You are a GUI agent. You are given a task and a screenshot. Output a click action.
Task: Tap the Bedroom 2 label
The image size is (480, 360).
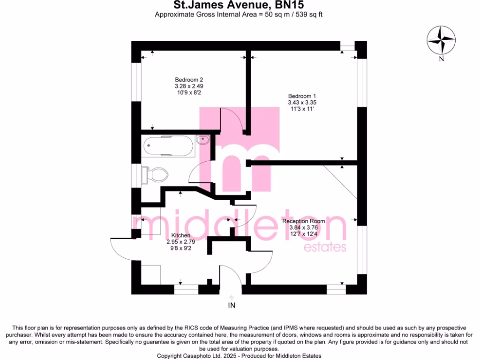coord(189,80)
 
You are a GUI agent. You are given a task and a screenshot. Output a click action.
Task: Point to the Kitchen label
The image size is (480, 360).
coord(180,235)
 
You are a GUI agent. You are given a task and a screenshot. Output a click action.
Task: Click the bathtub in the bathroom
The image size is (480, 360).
coord(168,146)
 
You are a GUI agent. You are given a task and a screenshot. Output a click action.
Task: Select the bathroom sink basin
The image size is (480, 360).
coord(203,139)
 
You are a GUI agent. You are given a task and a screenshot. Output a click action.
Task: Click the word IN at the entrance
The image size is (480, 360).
coord(232,306)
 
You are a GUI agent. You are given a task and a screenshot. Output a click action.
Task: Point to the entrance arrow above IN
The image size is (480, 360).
coord(232,297)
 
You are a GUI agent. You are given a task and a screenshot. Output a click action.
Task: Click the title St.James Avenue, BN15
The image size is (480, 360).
coord(239,6)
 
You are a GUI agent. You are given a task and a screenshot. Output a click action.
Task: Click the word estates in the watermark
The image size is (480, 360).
coord(325,247)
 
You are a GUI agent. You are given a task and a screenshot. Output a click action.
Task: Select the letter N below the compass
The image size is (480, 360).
coord(441,59)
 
